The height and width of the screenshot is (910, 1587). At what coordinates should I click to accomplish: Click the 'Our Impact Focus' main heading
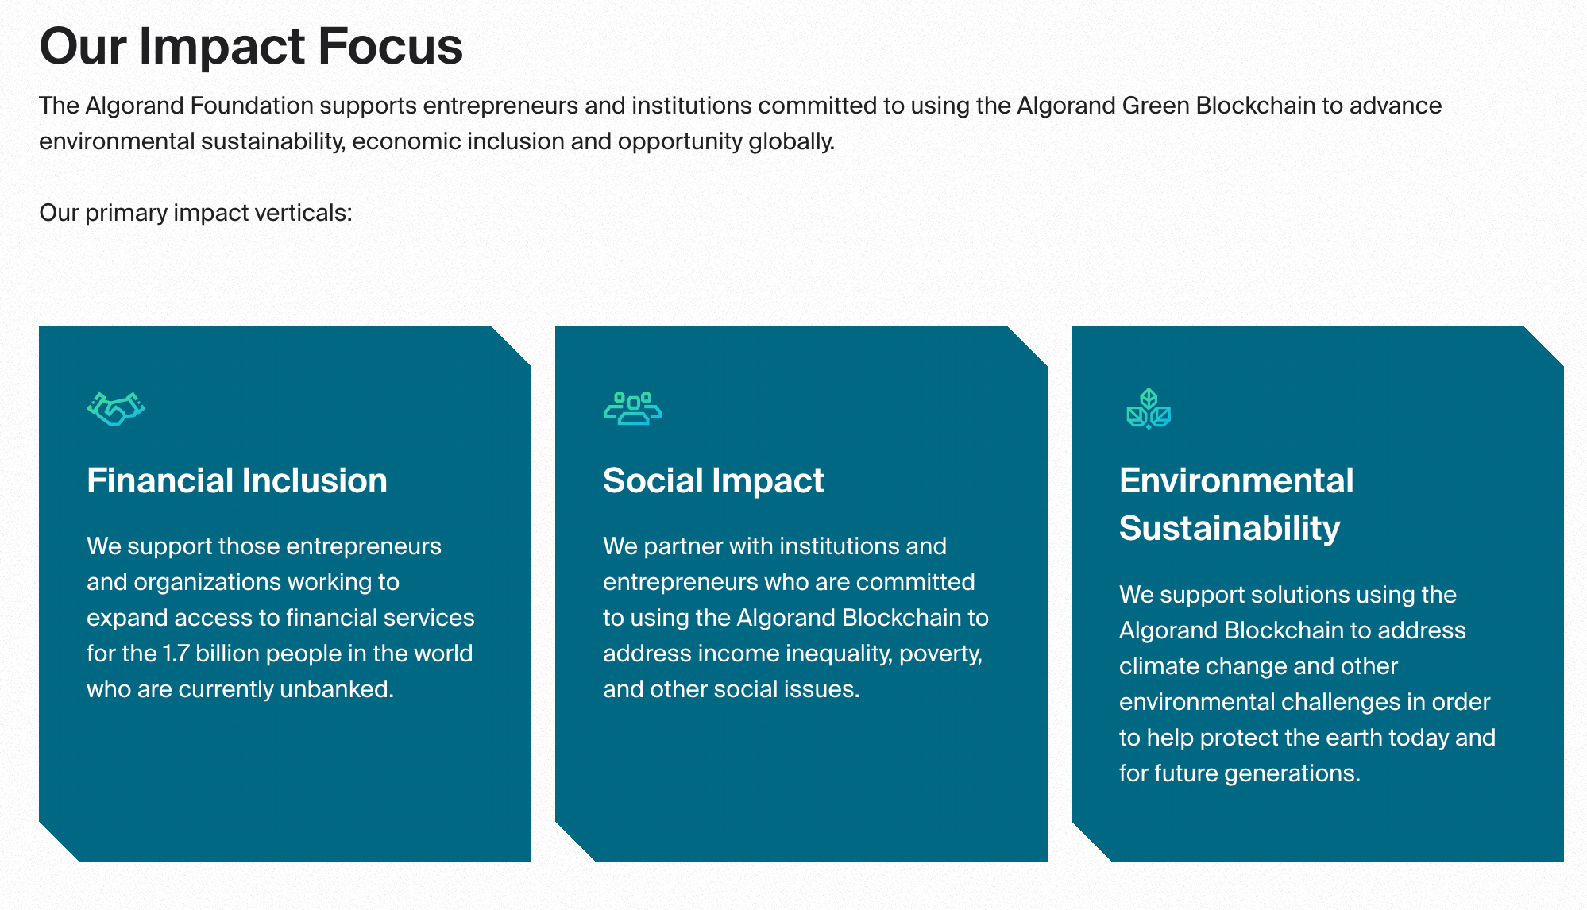tap(251, 46)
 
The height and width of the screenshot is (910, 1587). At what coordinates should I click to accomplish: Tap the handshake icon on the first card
tap(116, 409)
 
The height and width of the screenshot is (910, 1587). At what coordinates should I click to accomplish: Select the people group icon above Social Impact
tap(632, 409)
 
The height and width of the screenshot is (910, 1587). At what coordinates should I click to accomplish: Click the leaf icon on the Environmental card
tap(1149, 409)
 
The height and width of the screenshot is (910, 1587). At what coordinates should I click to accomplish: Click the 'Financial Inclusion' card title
tap(237, 481)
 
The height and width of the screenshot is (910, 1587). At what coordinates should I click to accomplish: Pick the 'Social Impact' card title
tap(713, 481)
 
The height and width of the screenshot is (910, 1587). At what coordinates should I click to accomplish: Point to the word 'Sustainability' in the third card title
tap(1230, 529)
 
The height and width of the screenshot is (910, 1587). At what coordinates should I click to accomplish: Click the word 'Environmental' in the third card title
tap(1236, 481)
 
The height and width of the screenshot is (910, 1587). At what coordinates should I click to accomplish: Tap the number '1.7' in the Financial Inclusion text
tap(176, 654)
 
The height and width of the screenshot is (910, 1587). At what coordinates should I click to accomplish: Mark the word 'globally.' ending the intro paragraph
tap(791, 141)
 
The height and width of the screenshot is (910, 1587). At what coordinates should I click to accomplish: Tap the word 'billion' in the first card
tap(227, 654)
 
